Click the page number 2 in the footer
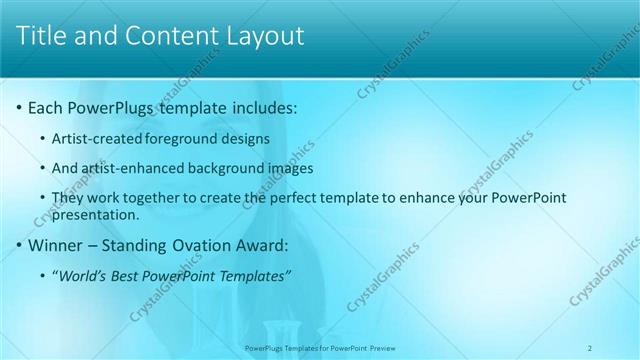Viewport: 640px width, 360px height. pyautogui.click(x=591, y=347)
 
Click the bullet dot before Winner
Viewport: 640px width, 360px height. pyautogui.click(x=19, y=245)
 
